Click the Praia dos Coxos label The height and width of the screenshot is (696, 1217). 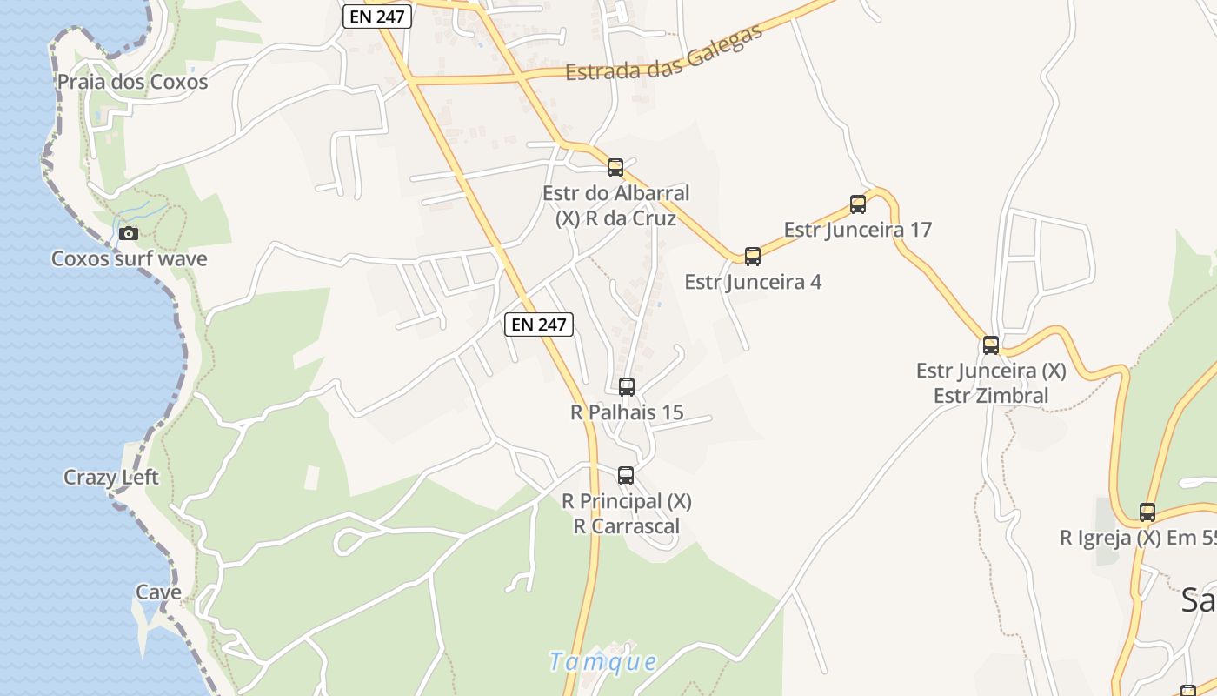tap(132, 82)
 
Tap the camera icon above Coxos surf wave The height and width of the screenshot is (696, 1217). tap(129, 233)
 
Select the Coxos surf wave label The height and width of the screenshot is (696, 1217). tap(129, 258)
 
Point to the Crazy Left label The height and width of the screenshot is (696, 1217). tap(111, 477)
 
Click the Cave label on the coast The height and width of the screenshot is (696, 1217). tap(158, 592)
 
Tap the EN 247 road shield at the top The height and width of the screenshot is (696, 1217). tap(376, 16)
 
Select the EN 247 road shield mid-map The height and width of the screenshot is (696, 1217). tap(539, 325)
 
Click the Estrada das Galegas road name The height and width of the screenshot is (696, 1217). tap(663, 54)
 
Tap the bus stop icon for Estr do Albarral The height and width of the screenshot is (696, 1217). tap(615, 167)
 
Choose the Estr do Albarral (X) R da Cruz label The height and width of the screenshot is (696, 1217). tap(615, 205)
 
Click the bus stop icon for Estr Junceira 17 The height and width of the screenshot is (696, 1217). tap(858, 204)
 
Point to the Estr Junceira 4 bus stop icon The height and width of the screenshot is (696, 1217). tap(753, 256)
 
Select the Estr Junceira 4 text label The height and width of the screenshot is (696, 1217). tap(753, 282)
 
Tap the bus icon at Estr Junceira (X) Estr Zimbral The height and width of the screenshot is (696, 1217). tap(991, 345)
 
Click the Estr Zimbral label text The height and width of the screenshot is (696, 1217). tap(991, 396)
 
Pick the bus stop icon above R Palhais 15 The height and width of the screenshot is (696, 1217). tap(627, 386)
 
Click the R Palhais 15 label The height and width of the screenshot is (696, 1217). tap(627, 412)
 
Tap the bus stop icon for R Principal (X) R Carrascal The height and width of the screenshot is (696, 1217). tap(626, 475)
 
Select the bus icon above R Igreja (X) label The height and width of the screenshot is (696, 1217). tap(1147, 512)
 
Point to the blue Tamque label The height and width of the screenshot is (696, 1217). tap(603, 661)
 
